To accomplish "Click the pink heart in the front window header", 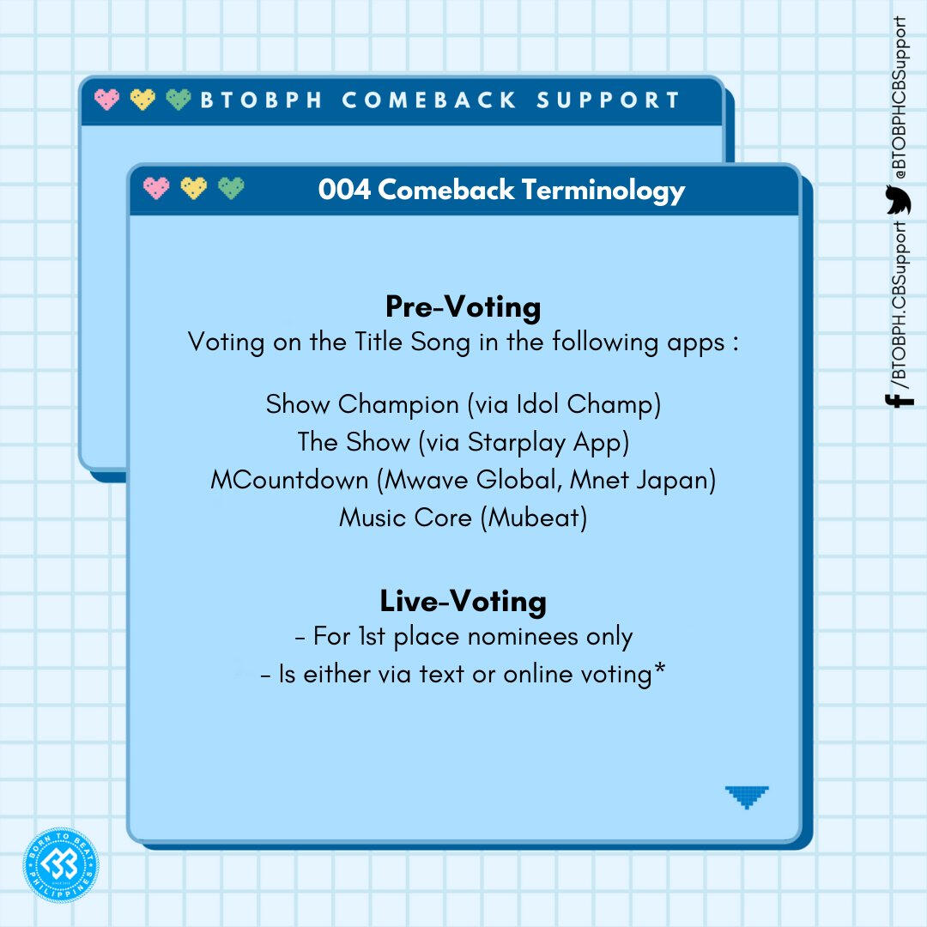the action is pos(156,188).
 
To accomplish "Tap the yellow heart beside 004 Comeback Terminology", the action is pos(193,188).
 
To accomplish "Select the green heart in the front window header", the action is pos(231,188).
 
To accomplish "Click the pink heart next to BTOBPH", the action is pos(106,100).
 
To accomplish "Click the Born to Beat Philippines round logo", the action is pos(61,865).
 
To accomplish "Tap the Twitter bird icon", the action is pos(898,200).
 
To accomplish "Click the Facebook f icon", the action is pos(900,400).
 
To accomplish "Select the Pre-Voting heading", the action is pos(463,307).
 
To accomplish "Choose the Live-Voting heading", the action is pos(463,601).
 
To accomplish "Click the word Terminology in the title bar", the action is pos(603,191).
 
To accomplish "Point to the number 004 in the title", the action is pos(345,190).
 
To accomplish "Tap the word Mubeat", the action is pos(535,518).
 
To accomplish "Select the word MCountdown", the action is pos(290,480).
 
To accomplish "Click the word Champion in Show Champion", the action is pos(398,405).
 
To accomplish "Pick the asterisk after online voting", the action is pos(660,668).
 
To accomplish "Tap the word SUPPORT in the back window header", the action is pos(609,100).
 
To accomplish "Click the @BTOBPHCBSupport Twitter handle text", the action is pos(900,98).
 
